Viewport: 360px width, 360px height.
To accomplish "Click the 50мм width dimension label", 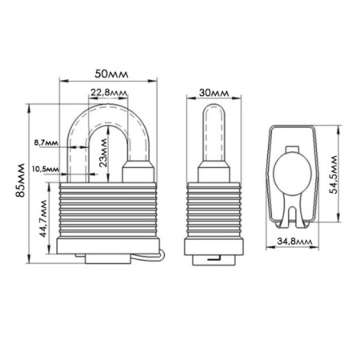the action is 111,74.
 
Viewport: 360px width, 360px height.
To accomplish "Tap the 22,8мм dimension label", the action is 109,93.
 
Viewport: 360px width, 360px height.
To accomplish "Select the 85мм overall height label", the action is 20,180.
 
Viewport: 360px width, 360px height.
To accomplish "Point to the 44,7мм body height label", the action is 43,218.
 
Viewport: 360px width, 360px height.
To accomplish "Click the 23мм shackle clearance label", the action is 103,153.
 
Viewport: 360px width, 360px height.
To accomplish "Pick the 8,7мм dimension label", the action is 46,142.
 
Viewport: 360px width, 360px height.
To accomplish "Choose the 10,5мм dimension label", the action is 46,169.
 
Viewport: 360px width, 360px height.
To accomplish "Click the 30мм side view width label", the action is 214,93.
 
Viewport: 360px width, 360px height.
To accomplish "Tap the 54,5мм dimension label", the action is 334,175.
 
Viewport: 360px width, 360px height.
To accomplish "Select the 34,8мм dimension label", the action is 294,242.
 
